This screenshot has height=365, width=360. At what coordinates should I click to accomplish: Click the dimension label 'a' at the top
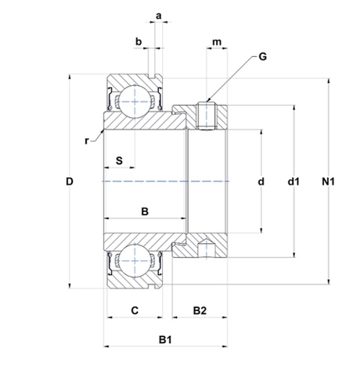159,16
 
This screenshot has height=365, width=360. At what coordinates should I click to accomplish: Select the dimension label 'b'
139,41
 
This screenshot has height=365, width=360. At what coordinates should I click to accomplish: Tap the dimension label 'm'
217,42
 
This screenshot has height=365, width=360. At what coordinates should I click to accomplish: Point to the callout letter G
263,56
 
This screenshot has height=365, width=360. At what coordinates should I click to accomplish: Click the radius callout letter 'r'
87,141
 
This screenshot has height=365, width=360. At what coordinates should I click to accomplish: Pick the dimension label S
119,161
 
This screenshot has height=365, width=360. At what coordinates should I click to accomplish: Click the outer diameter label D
70,181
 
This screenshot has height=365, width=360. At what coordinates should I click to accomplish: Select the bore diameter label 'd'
261,181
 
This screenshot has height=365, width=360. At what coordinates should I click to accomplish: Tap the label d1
293,181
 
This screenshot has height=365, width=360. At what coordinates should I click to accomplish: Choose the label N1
328,181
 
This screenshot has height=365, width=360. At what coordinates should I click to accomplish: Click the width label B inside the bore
145,211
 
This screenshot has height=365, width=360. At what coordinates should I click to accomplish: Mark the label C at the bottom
135,310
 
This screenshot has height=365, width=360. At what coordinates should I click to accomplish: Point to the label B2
200,310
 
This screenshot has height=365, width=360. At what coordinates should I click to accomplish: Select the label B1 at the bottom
165,340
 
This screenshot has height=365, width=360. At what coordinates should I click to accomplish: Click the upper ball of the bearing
135,102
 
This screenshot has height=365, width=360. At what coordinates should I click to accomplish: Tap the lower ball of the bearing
135,261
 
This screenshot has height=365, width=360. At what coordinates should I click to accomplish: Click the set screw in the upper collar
207,116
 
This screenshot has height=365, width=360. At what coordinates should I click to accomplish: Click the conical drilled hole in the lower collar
207,249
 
